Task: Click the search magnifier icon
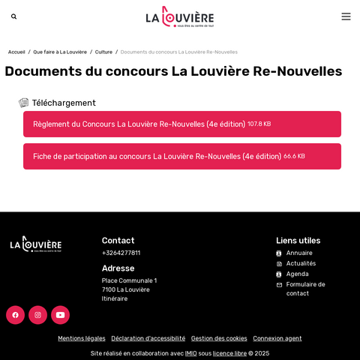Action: (14, 16)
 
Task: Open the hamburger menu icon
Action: (346, 16)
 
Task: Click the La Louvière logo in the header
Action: (180, 16)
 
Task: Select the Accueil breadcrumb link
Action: (16, 52)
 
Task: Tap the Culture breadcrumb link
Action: (103, 52)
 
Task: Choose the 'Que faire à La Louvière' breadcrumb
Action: (60, 52)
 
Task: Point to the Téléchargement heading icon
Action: (24, 103)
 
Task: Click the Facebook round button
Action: (15, 315)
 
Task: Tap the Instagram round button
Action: (37, 315)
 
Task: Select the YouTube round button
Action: (60, 315)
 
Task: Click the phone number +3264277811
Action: (121, 253)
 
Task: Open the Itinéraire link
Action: (115, 298)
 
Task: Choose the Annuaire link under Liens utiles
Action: (299, 253)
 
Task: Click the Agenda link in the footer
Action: (297, 274)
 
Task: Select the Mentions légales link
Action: (82, 338)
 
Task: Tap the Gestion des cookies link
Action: (219, 338)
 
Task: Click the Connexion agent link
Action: (277, 338)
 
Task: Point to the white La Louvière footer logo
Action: (36, 244)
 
